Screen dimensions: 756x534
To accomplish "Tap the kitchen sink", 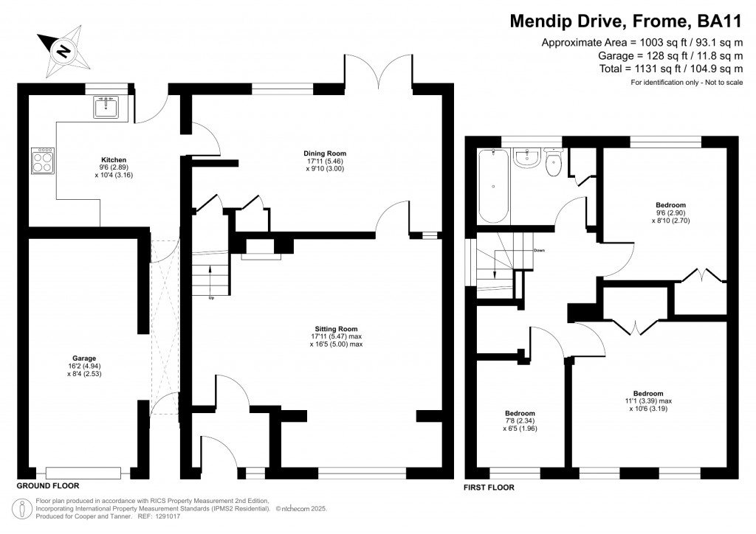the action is [x=106, y=107].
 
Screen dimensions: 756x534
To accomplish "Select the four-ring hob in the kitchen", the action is [x=43, y=161].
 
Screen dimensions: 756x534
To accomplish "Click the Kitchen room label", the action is [x=114, y=160].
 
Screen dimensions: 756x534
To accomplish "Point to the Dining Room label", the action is [x=325, y=153].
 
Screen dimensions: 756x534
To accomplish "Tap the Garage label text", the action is [x=84, y=358].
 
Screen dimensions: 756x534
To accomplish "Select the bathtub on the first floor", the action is [x=493, y=186].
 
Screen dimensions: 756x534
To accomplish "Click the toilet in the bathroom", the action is [x=554, y=162].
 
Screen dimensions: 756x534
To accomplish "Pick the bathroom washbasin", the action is [x=526, y=159].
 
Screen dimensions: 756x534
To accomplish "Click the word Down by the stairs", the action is [x=539, y=250].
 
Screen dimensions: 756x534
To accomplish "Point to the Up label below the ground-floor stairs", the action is [x=211, y=298].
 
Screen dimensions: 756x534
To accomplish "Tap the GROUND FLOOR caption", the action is [x=48, y=485].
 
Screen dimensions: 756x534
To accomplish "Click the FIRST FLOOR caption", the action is [x=489, y=488].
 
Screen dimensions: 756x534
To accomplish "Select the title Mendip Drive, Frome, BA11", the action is [x=626, y=21].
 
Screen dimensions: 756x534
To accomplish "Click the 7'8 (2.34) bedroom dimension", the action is [x=520, y=421].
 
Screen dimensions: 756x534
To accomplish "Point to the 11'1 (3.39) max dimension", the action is [x=648, y=401].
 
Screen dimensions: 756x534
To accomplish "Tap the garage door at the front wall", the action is [x=83, y=473].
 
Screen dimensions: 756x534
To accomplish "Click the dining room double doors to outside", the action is [x=379, y=72].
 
